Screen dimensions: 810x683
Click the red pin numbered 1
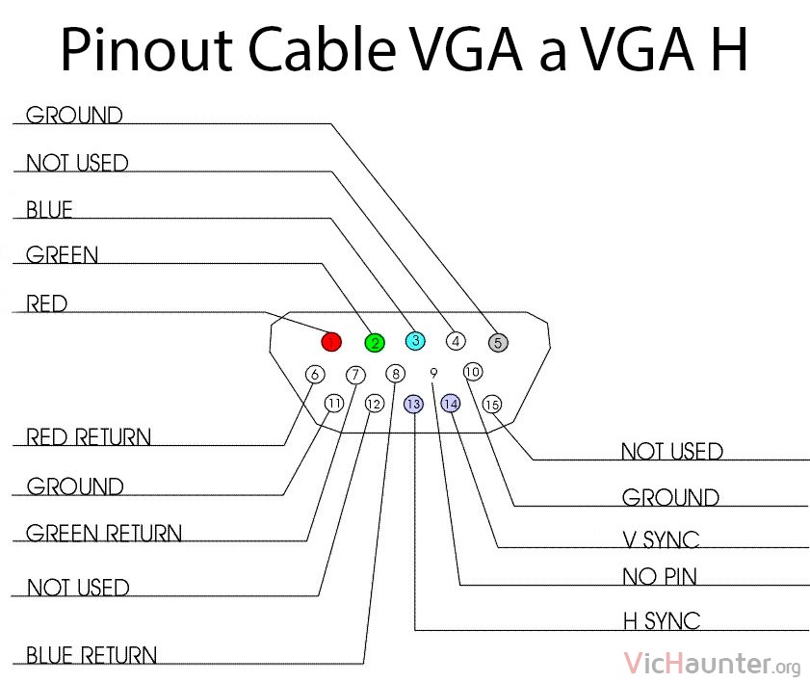[x=331, y=341]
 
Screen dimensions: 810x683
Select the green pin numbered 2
[x=375, y=343]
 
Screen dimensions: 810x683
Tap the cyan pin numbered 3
[x=415, y=340]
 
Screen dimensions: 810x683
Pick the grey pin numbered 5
[x=498, y=342]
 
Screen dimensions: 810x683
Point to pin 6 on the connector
[x=315, y=374]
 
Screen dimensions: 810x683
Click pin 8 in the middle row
[x=396, y=373]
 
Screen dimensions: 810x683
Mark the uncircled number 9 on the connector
[x=434, y=373]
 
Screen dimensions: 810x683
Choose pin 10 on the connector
[x=473, y=372]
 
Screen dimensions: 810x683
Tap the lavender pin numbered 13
[x=413, y=404]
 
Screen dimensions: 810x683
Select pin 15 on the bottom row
[x=492, y=404]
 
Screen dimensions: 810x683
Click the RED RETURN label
[x=89, y=436]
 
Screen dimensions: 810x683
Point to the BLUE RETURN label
[x=91, y=655]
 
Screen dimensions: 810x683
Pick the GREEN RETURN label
[x=104, y=533]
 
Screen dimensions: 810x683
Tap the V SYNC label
[x=661, y=539]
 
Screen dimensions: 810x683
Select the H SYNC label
[x=662, y=620]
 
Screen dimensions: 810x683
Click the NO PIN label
[x=660, y=577]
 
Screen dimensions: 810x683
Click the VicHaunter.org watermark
[x=713, y=664]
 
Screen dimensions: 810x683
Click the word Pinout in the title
[x=146, y=49]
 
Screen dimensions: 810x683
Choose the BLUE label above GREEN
[x=49, y=209]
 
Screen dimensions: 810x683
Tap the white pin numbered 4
[x=456, y=341]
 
